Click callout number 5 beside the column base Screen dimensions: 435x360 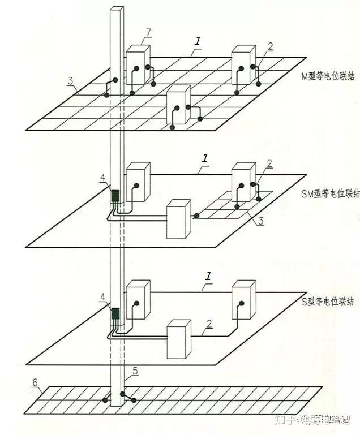coord(135,371)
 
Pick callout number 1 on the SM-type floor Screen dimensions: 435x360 coord(205,159)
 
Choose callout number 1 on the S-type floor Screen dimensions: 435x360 coord(208,276)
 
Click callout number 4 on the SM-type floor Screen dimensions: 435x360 coord(102,179)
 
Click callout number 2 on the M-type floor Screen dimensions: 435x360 coord(270,46)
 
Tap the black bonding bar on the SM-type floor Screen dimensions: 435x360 coord(115,196)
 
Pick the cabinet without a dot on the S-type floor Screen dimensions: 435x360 coord(179,339)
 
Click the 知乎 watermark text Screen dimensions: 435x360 coord(282,420)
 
